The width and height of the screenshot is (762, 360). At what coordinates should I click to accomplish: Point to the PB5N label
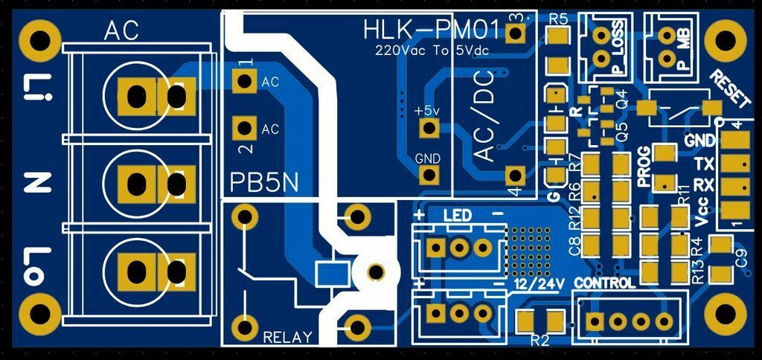tap(263, 182)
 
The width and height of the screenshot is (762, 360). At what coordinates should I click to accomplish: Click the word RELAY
tap(287, 337)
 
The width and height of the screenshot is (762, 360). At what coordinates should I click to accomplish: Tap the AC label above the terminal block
tap(121, 31)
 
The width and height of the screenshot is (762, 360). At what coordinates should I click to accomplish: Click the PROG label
tap(644, 165)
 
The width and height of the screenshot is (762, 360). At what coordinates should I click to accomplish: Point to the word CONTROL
tap(605, 283)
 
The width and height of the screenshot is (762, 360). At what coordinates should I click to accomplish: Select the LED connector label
tap(457, 215)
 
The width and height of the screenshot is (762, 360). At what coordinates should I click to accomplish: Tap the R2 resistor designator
tap(540, 341)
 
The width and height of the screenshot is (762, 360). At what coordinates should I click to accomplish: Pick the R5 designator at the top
tap(559, 19)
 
